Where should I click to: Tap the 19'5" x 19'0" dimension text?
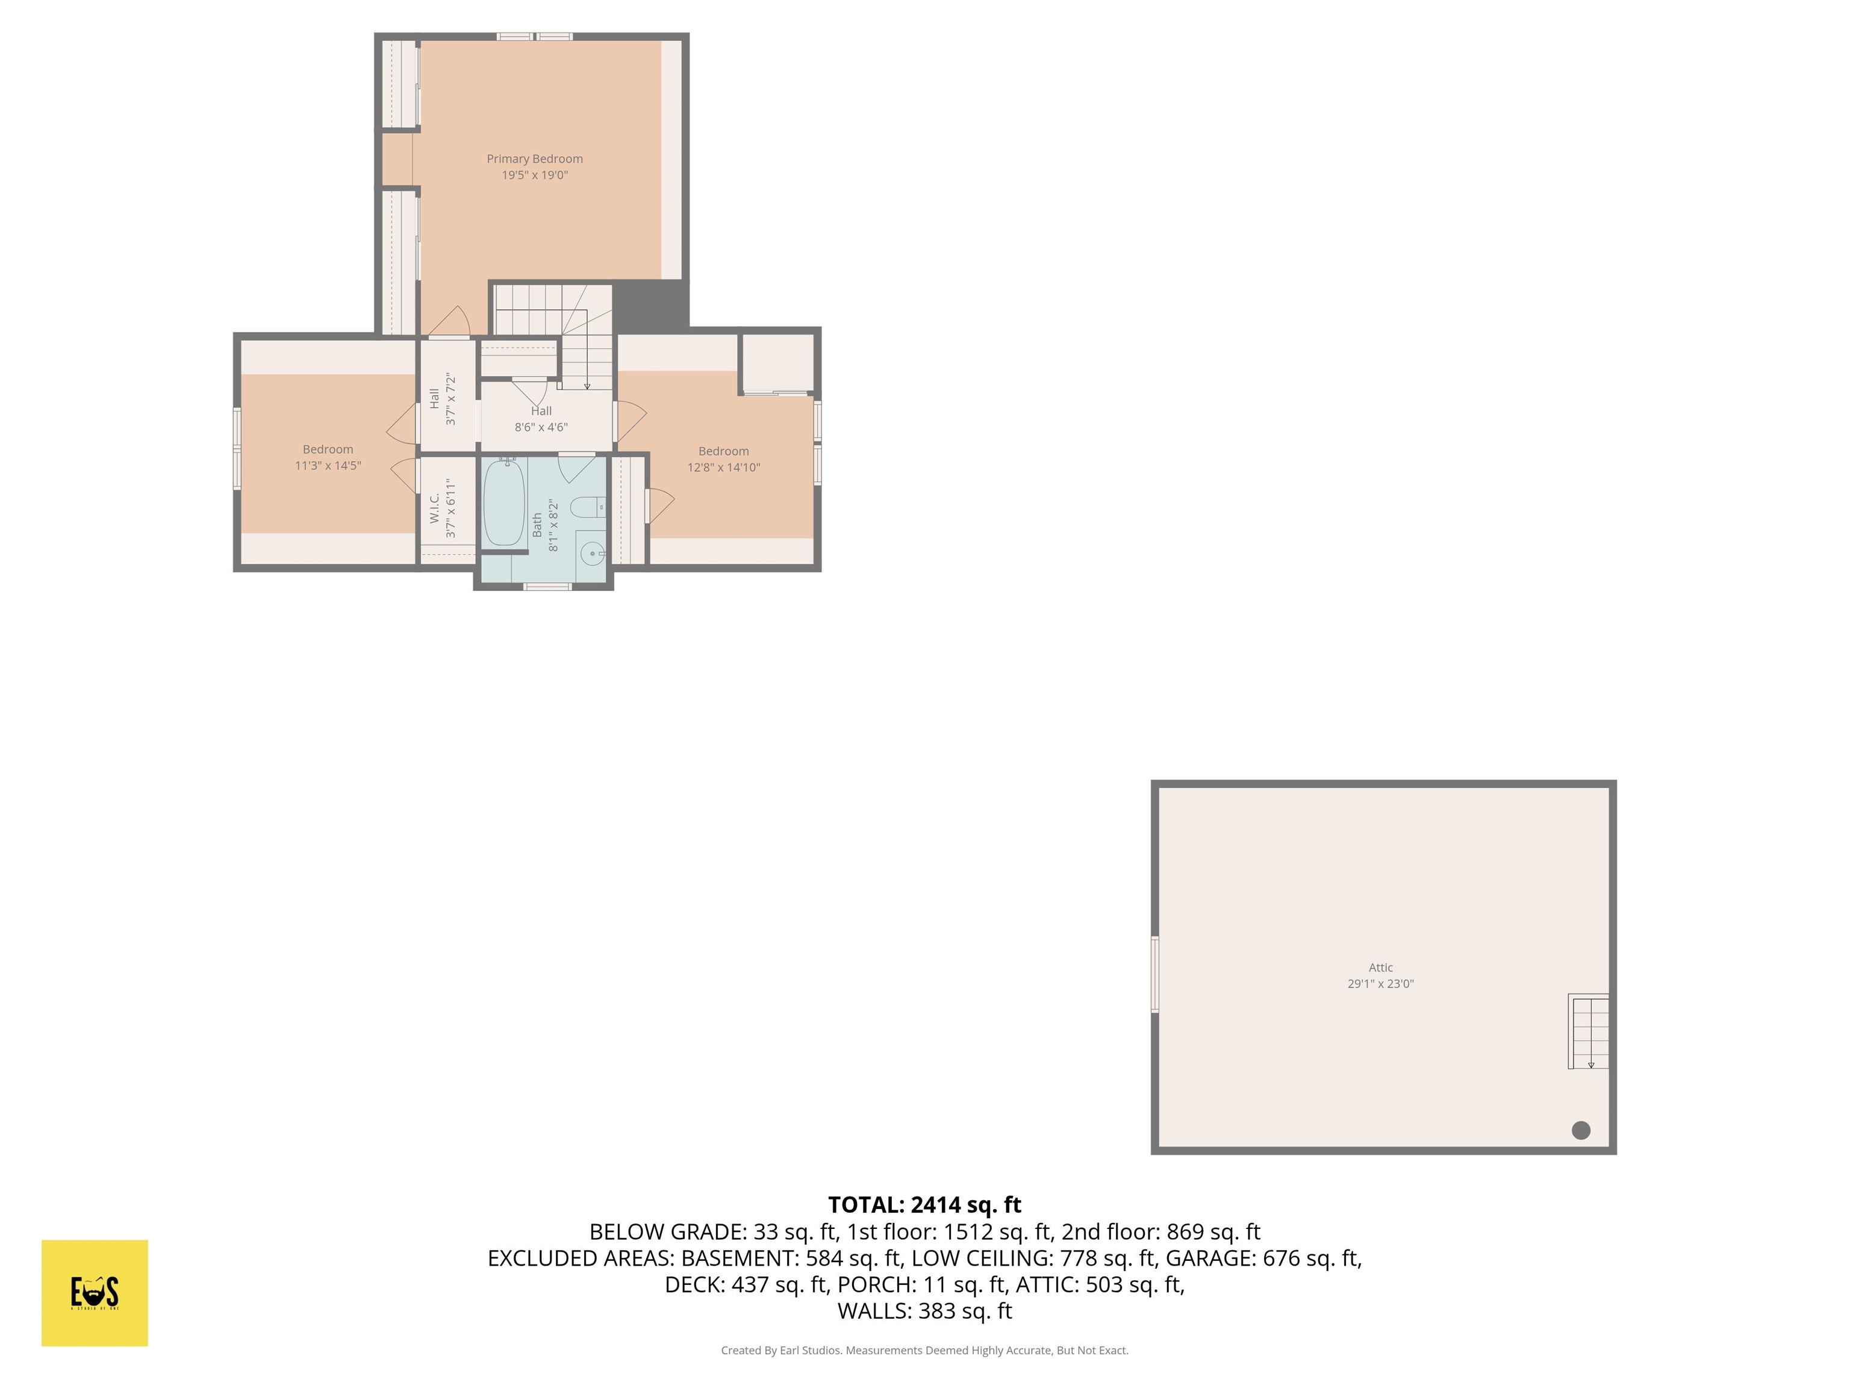(534, 175)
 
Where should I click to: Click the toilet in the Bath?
(588, 507)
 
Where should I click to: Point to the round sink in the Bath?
(591, 554)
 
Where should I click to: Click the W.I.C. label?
(435, 508)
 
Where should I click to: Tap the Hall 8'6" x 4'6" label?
(541, 418)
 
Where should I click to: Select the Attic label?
(1381, 967)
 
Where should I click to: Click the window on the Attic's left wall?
(1155, 975)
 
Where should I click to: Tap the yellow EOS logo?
(95, 1293)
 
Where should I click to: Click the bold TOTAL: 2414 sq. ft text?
(924, 1205)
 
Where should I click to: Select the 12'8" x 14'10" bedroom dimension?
(723, 467)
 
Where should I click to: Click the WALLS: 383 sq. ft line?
(924, 1311)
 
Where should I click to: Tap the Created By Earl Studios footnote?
(924, 1351)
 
